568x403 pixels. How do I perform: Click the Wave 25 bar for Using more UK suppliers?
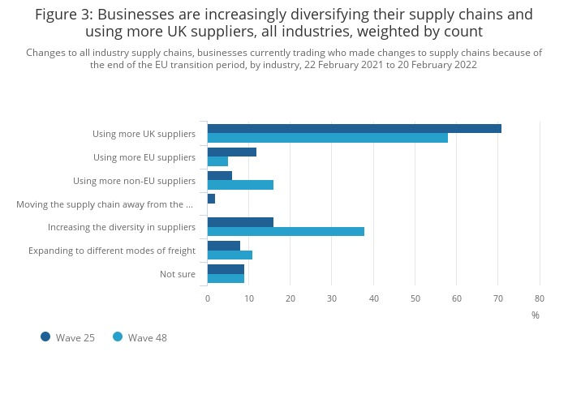[x=354, y=128]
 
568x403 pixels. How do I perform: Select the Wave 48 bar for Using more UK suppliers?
[x=327, y=138]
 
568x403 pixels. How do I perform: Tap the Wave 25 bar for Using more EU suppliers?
[x=231, y=152]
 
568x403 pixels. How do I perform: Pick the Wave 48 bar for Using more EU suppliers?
[x=217, y=161]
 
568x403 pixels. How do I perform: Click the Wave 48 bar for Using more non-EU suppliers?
[x=240, y=185]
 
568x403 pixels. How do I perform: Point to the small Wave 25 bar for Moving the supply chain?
[x=211, y=199]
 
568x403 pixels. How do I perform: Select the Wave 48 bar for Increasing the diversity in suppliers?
[x=286, y=231]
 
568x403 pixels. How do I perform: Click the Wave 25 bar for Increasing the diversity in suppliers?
[x=240, y=221]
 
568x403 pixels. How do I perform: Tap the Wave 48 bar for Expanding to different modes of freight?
[x=230, y=255]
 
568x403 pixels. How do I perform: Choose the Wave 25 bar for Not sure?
[x=226, y=268]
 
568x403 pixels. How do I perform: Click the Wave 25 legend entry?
[x=68, y=337]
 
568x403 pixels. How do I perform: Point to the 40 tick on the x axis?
[x=373, y=298]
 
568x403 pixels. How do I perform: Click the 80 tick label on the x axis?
[x=540, y=298]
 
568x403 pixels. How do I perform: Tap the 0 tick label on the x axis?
[x=208, y=298]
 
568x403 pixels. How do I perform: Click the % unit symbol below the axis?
[x=535, y=315]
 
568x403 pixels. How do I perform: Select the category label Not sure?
[x=177, y=274]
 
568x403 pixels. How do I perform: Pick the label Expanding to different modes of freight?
[x=112, y=251]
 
